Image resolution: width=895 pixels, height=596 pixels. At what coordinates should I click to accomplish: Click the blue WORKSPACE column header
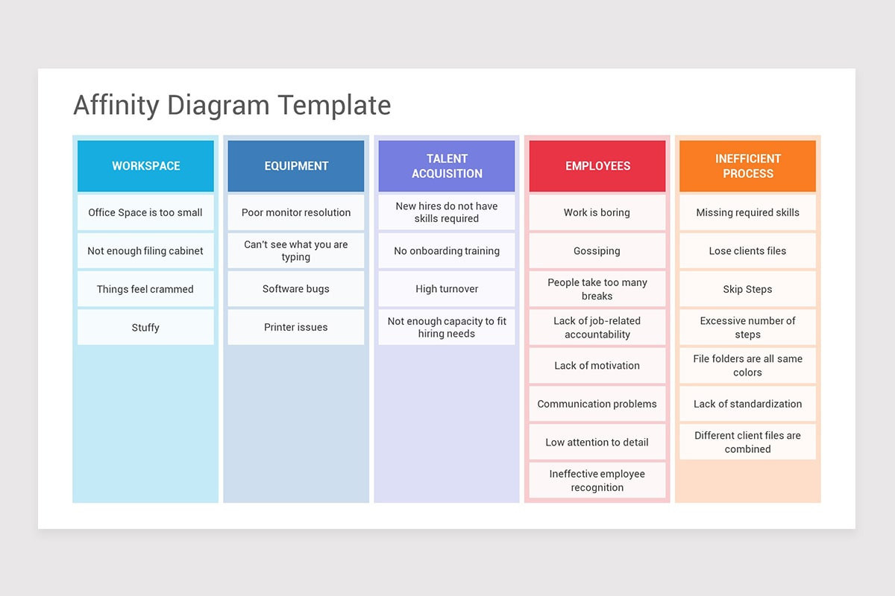[x=145, y=166]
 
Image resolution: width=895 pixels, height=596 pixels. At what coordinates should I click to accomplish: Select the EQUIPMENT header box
[x=296, y=166]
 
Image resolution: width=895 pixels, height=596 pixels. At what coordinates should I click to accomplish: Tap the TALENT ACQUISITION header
[x=447, y=166]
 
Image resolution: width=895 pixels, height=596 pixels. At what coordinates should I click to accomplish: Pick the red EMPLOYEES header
[x=597, y=166]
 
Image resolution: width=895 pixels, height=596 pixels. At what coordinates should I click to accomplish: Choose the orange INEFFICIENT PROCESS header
[x=747, y=166]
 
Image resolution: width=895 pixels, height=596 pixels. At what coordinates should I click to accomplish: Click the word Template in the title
[x=334, y=105]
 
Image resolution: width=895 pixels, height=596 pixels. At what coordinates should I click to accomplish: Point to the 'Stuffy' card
[x=145, y=327]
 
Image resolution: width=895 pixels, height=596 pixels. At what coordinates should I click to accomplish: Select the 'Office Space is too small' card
[x=145, y=212]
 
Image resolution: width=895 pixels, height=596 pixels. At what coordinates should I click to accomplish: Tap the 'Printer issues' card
[x=296, y=327]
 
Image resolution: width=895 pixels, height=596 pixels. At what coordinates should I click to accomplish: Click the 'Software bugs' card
[x=296, y=289]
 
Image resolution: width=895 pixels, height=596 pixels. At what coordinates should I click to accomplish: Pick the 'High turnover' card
[x=447, y=289]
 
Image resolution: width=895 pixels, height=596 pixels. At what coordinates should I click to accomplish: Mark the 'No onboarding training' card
[x=447, y=251]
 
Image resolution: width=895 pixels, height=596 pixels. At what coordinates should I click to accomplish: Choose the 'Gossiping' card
[x=597, y=251]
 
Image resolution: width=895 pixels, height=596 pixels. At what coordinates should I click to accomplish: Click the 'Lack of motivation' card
[x=597, y=366]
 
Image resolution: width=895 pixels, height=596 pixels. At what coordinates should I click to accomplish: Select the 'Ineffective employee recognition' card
[x=597, y=481]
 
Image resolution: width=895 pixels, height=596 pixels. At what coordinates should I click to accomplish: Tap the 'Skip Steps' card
[x=747, y=289]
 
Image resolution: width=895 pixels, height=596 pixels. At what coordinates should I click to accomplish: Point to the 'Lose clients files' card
[x=747, y=251]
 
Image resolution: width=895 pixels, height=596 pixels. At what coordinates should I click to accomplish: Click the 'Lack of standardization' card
[x=747, y=404]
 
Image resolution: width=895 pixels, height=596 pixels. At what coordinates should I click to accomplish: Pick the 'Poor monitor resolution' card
[x=296, y=212]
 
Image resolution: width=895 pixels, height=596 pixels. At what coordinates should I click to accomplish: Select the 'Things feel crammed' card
[x=145, y=289]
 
